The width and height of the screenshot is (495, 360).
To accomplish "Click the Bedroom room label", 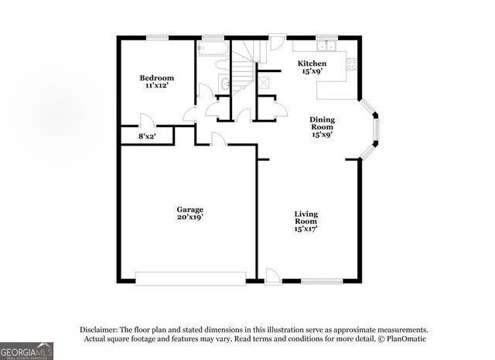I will click(156, 78).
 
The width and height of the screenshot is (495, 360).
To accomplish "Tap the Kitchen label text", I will click(312, 63).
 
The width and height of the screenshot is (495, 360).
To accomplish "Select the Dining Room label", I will click(322, 123).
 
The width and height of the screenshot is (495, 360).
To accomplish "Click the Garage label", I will click(189, 210).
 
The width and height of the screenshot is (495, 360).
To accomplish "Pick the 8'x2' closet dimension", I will click(147, 136).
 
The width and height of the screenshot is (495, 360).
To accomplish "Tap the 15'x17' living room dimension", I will click(306, 229).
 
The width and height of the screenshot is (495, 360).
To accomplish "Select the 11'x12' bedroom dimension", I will click(156, 87).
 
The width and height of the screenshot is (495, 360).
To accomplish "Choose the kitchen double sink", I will click(328, 45).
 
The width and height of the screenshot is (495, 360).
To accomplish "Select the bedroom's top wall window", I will click(159, 36).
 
